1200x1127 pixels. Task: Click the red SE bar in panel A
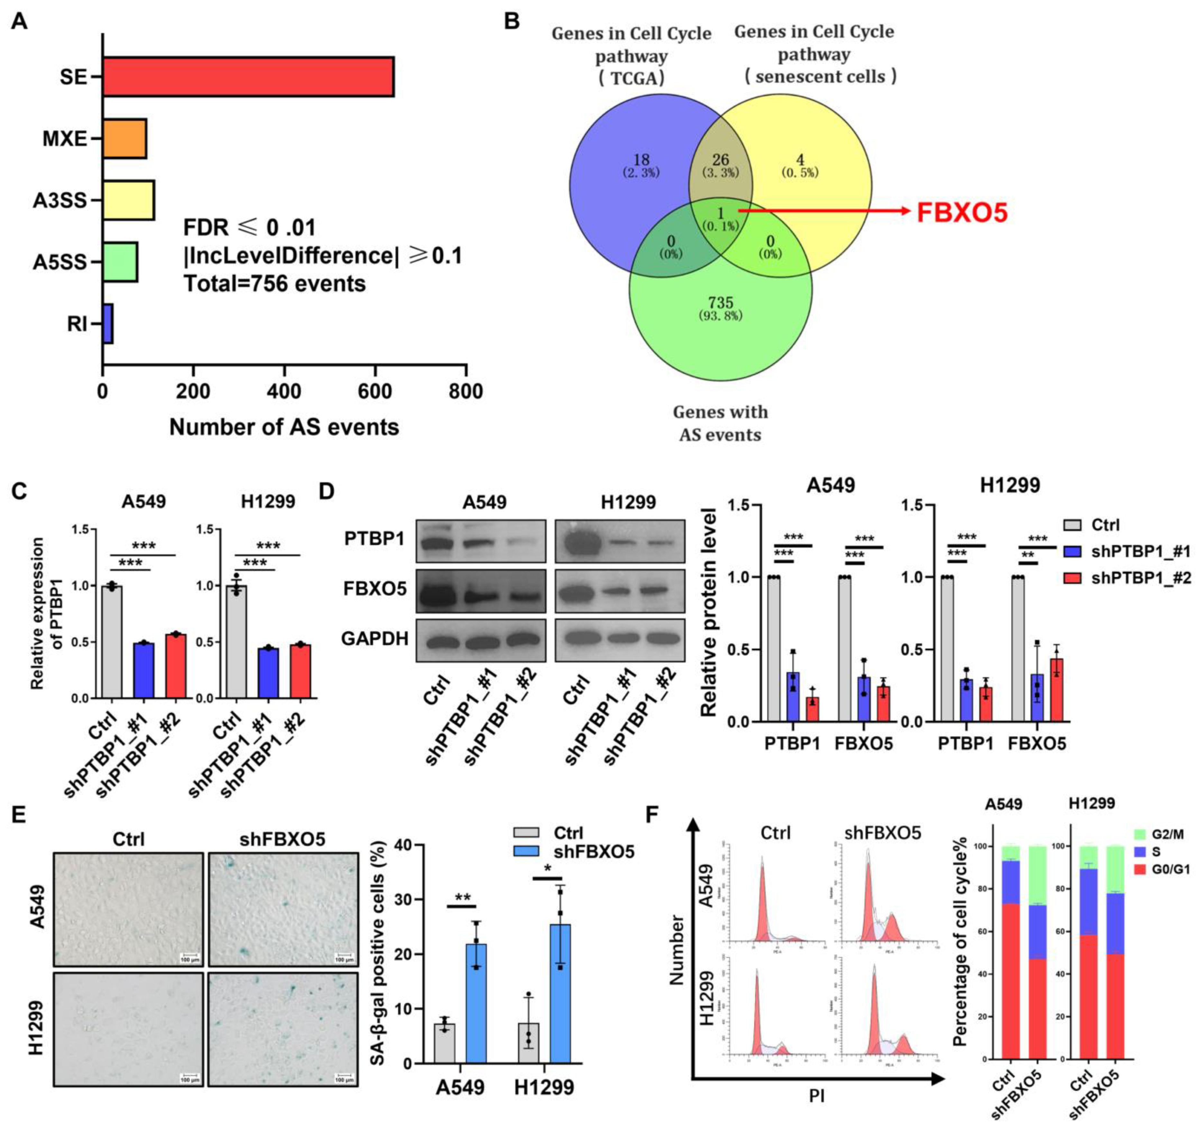247,77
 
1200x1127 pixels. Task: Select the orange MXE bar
124,139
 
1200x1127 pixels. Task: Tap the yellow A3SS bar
128,200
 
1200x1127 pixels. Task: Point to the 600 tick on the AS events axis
375,392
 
